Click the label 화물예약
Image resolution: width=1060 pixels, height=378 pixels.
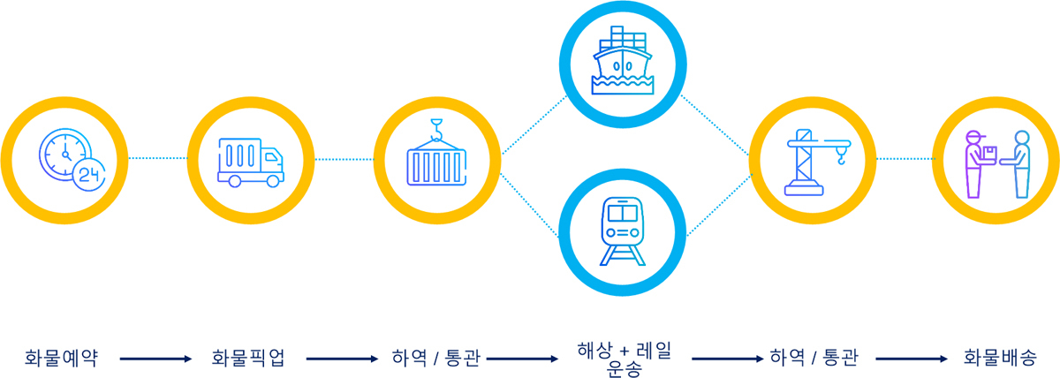click(61, 359)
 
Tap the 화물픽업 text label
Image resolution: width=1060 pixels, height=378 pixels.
click(248, 359)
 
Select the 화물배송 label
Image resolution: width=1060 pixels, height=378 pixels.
click(1000, 358)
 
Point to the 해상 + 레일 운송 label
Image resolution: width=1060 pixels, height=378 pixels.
click(625, 359)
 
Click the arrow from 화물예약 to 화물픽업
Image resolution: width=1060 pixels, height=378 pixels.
click(155, 359)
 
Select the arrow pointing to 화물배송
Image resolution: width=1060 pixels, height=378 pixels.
click(912, 359)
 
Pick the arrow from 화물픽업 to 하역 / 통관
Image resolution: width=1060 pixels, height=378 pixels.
click(342, 359)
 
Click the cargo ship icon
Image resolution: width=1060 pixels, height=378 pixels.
click(623, 61)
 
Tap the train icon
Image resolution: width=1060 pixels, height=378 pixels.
click(623, 231)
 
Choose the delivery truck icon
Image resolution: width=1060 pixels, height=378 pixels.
click(251, 163)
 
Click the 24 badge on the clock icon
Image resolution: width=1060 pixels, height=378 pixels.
click(89, 175)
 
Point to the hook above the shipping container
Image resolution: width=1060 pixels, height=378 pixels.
click(436, 130)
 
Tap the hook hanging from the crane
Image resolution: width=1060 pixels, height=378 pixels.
click(841, 155)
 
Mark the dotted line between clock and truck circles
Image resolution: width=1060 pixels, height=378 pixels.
click(157, 158)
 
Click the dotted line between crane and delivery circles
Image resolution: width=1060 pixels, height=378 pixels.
click(905, 159)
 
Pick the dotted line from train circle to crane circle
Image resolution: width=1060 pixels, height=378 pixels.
click(719, 205)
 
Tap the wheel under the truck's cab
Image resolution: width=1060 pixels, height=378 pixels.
click(273, 180)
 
